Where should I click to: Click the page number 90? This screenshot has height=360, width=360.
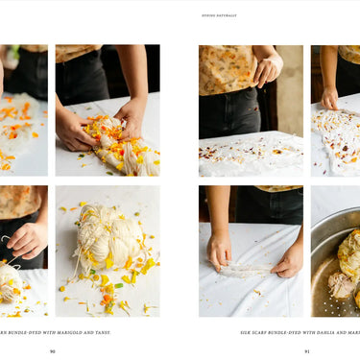53,350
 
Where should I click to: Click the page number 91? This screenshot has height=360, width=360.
307,350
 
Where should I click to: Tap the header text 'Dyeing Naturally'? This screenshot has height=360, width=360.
219,15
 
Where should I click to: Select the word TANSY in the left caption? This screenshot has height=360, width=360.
101,332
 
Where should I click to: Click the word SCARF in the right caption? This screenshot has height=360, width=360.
267,332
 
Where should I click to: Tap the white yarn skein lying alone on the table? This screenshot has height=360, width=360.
107,250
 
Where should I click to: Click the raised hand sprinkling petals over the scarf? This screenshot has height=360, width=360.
264,70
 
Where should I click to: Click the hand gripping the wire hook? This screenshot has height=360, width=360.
26,239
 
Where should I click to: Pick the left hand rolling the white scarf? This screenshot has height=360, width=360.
218,252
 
